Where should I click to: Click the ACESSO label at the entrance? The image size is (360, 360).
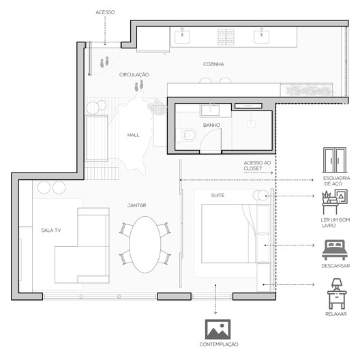(105, 12)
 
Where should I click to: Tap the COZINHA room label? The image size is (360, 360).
(213, 64)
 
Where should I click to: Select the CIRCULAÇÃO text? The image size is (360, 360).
(134, 74)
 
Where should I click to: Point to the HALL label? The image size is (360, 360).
(133, 135)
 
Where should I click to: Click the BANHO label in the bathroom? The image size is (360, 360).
(211, 125)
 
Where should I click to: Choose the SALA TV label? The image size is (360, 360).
(50, 230)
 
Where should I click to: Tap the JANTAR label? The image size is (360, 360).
(136, 205)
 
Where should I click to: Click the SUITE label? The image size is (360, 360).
(217, 196)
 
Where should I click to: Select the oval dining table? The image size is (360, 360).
(145, 245)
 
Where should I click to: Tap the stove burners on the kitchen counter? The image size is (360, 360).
(226, 37)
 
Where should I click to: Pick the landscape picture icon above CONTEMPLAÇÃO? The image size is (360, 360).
(217, 329)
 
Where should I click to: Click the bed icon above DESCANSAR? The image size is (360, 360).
(335, 250)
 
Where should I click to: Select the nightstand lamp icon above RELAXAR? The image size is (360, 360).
(337, 294)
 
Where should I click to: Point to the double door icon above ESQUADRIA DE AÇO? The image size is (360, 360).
(335, 160)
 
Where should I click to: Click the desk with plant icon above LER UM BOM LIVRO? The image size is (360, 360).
(335, 202)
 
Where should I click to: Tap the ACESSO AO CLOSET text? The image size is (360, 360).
(257, 166)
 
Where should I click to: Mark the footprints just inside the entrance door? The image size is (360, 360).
(104, 62)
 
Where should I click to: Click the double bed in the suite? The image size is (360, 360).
(235, 233)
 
